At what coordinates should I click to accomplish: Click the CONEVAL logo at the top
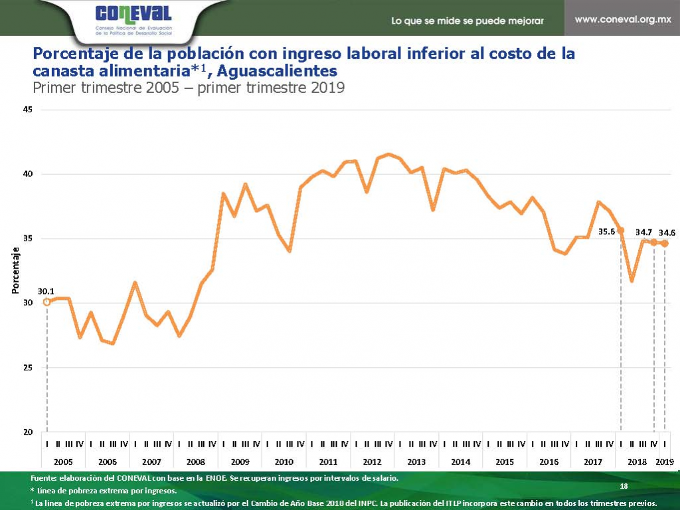133,14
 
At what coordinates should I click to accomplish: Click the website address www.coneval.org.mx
623,19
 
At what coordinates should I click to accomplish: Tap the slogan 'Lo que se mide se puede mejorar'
467,21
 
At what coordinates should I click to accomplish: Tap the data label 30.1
46,291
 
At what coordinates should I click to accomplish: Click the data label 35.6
608,232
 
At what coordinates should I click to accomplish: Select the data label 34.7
643,232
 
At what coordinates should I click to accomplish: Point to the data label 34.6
667,233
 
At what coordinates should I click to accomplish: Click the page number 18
623,487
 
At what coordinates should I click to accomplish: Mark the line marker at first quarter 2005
46,302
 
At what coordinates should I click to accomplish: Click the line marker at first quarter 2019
665,243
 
